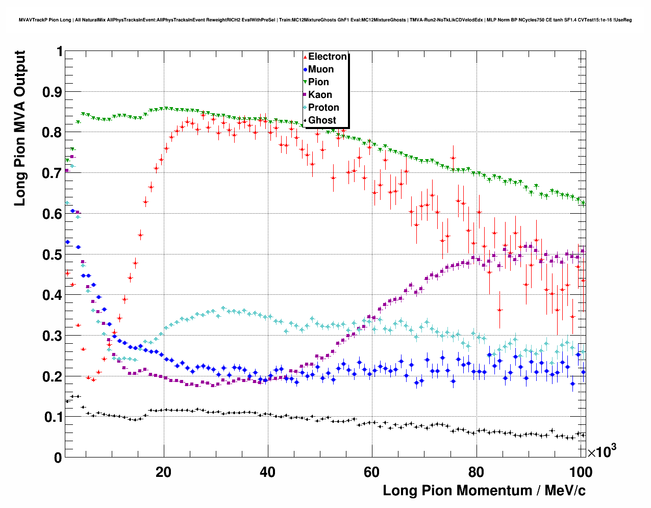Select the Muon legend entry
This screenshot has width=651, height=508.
(x=321, y=69)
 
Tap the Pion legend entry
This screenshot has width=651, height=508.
(x=318, y=82)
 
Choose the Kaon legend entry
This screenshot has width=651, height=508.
(x=320, y=95)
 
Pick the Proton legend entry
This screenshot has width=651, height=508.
(x=323, y=108)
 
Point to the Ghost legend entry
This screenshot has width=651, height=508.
(x=322, y=120)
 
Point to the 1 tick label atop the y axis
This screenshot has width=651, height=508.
(x=59, y=52)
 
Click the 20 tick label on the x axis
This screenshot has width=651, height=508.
(x=164, y=472)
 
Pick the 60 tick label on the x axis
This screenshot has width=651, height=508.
(x=372, y=472)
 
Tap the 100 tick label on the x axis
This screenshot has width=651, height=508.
(x=580, y=472)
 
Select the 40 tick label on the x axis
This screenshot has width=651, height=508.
(x=268, y=472)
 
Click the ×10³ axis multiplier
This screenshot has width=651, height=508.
(x=602, y=451)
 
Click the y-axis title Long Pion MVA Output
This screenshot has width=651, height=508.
(x=20, y=129)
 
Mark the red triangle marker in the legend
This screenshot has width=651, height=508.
(x=305, y=57)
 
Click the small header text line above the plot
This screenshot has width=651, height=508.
(x=325, y=20)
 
